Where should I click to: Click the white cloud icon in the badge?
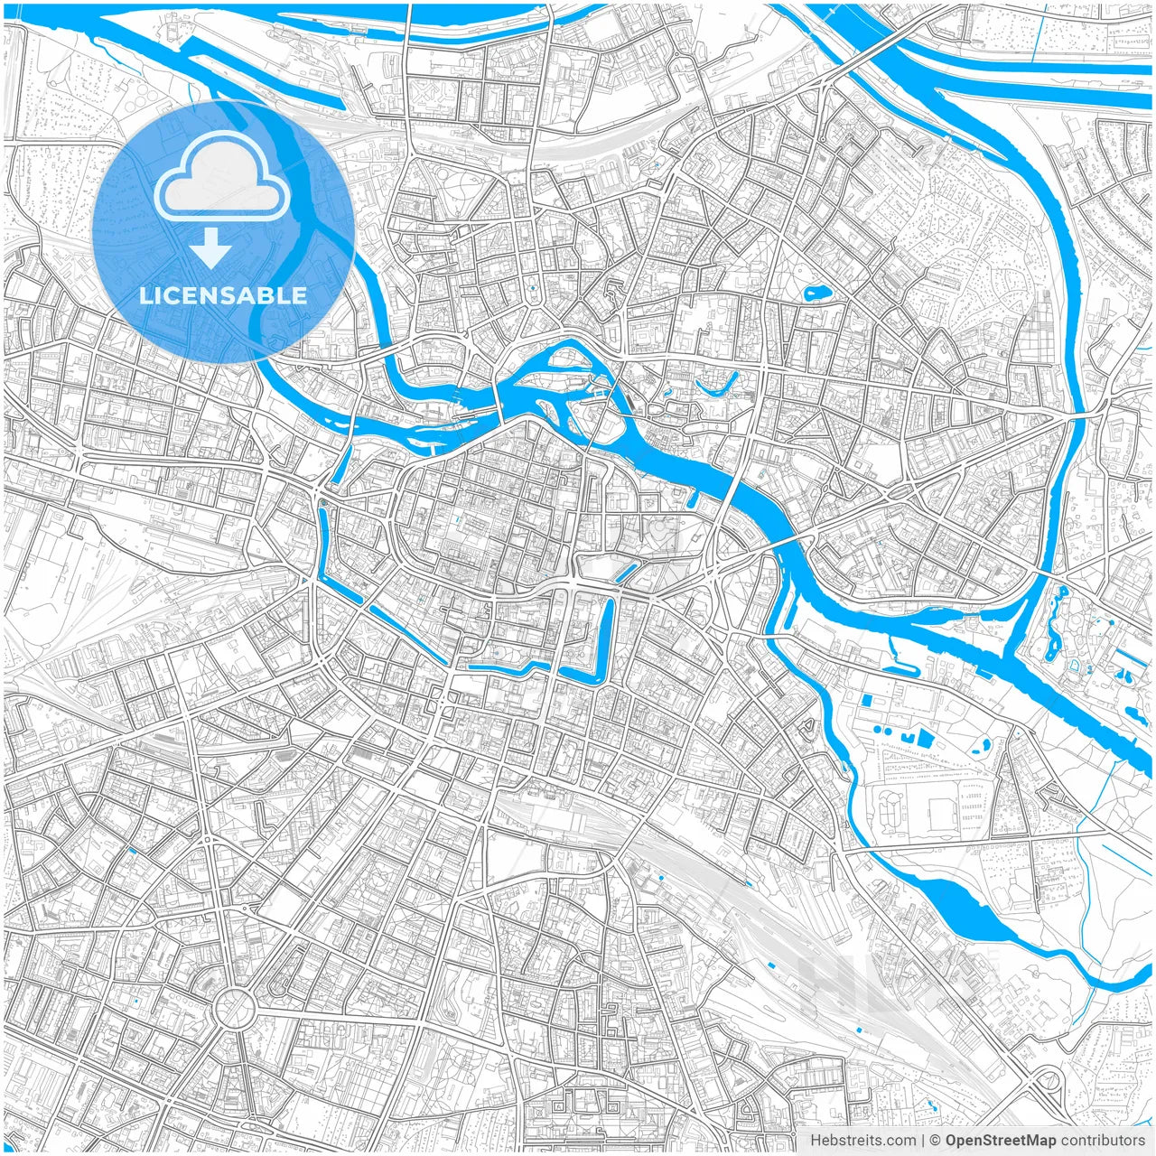[x=222, y=180]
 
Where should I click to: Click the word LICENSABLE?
[x=222, y=295]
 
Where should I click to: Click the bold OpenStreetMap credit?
[x=1000, y=1141]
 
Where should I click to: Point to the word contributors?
[x=1102, y=1141]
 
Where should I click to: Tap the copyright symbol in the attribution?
[x=936, y=1141]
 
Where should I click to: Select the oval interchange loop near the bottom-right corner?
[x=1048, y=1079]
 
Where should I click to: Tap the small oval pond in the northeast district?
[x=816, y=293]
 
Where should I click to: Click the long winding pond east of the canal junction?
[x=1053, y=623]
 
